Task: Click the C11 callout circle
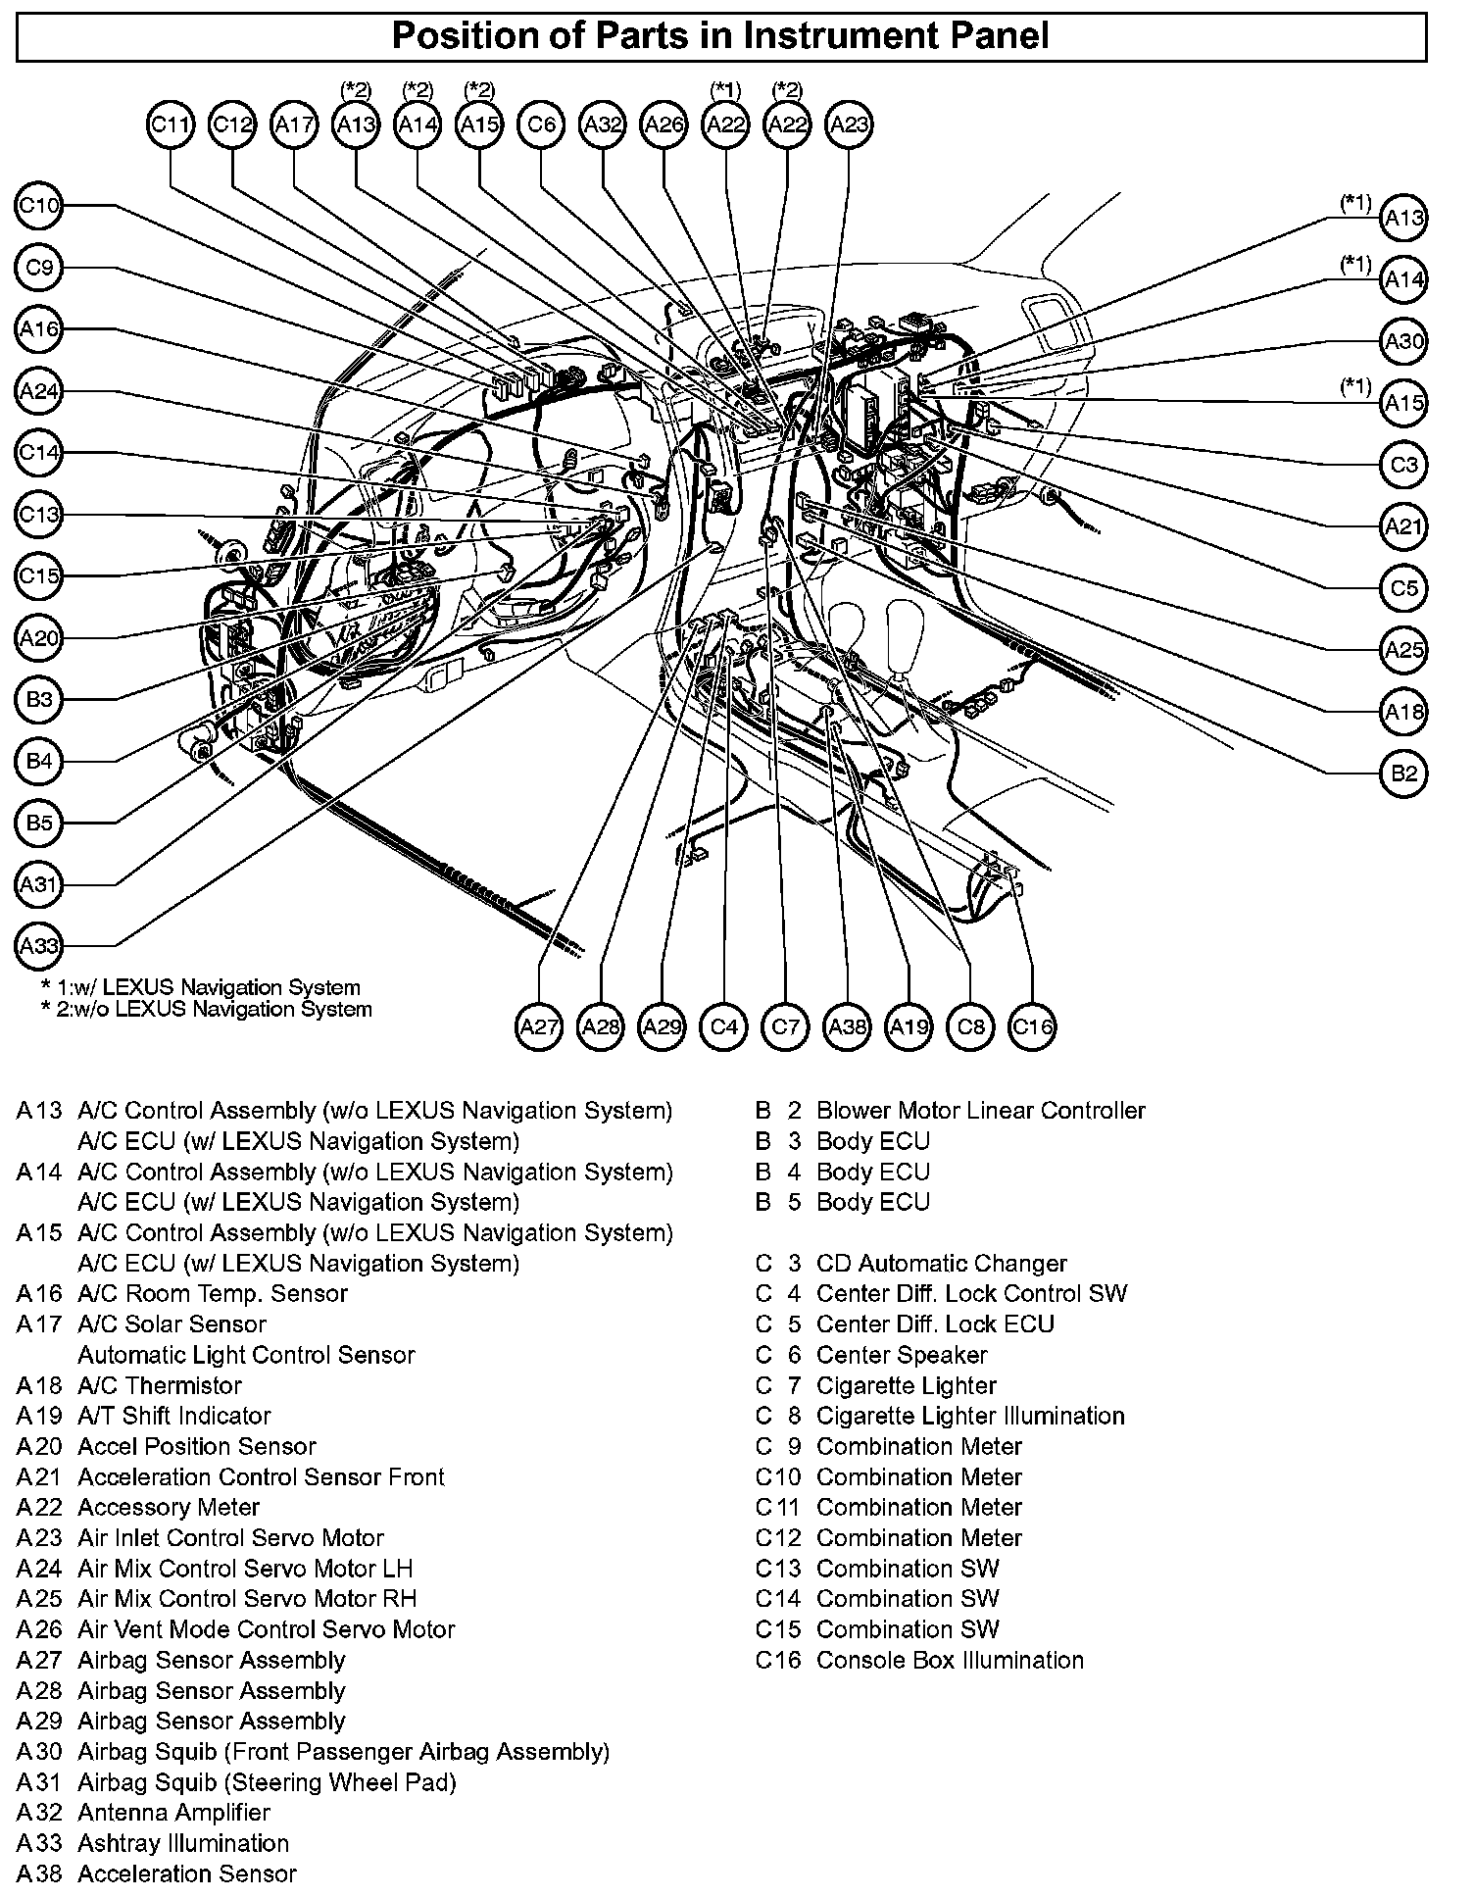click(x=172, y=125)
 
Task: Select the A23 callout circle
click(x=849, y=125)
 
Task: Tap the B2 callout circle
click(x=1403, y=774)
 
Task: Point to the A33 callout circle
click(x=40, y=946)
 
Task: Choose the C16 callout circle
click(x=1032, y=1027)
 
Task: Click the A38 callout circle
click(x=848, y=1027)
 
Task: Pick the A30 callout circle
click(x=1403, y=341)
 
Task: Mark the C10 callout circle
click(x=40, y=206)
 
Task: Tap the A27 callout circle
click(x=539, y=1027)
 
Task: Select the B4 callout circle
click(x=40, y=762)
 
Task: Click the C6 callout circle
click(x=541, y=125)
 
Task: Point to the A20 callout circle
click(x=40, y=638)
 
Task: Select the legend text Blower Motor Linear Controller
click(x=980, y=1111)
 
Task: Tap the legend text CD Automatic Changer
click(x=941, y=1264)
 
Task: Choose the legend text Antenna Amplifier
click(x=173, y=1813)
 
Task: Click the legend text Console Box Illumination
click(x=950, y=1660)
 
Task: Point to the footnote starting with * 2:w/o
click(x=206, y=1009)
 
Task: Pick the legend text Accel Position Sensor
click(x=197, y=1446)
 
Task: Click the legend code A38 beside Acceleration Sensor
click(x=39, y=1873)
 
